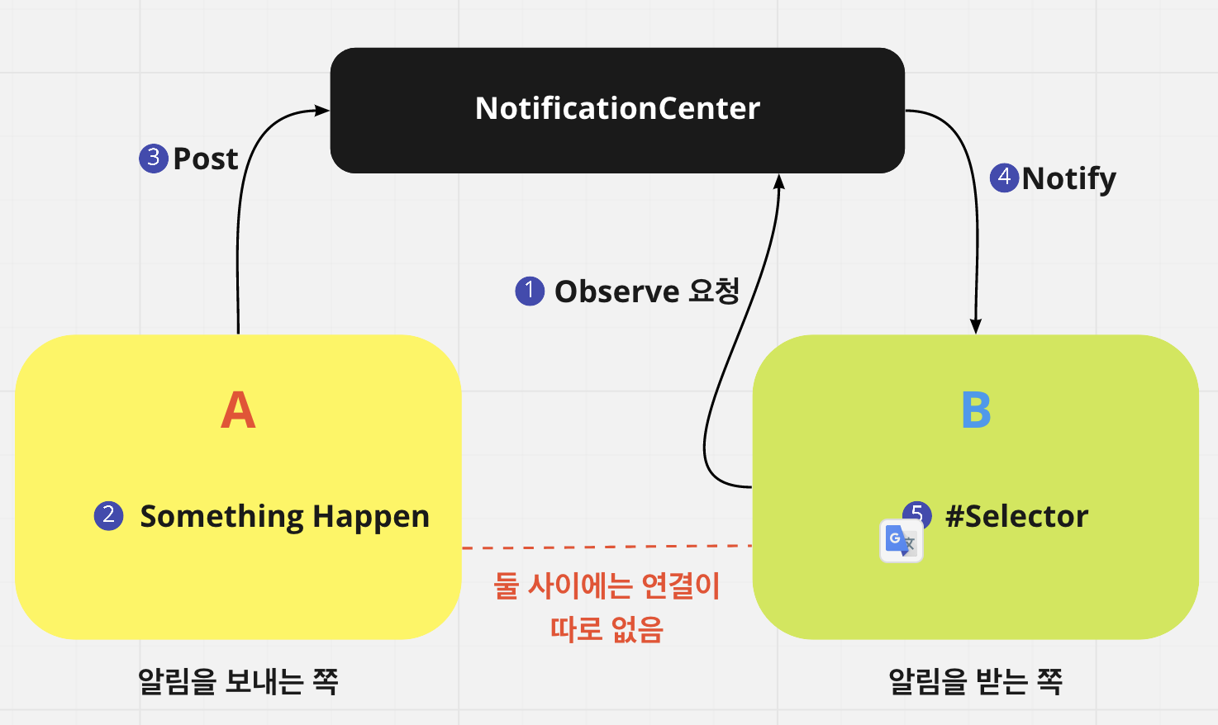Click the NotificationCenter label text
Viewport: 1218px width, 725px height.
(617, 108)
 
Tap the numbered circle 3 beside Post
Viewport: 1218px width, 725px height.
(154, 157)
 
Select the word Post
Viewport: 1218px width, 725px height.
(206, 159)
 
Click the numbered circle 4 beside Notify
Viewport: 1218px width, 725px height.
(1004, 177)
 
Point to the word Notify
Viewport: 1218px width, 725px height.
(1069, 178)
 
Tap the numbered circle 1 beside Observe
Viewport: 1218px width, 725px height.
(530, 291)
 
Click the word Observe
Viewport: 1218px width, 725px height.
(616, 291)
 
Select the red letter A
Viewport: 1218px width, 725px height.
(238, 410)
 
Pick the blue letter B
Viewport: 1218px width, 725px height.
(976, 410)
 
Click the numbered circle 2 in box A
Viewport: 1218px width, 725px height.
(108, 515)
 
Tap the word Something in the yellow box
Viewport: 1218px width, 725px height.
(222, 517)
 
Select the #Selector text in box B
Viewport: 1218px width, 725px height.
(1017, 516)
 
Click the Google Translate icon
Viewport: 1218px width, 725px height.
(901, 542)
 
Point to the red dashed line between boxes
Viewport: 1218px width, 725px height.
(607, 547)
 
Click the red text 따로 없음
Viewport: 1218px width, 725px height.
(607, 629)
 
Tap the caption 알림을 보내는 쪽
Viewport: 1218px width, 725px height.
(238, 681)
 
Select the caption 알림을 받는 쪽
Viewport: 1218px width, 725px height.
(975, 681)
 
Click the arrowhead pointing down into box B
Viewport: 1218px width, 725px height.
(976, 326)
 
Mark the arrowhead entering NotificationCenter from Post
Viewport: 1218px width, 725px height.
(322, 111)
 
